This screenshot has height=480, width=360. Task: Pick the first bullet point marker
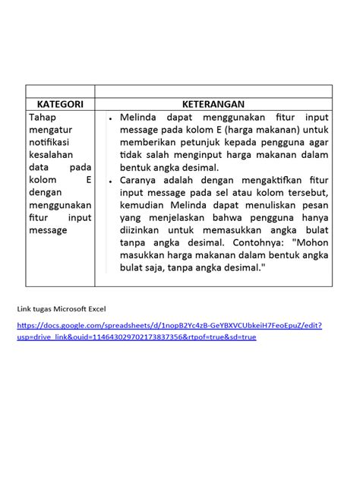(x=110, y=119)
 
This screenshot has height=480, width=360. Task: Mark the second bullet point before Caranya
(x=110, y=182)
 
